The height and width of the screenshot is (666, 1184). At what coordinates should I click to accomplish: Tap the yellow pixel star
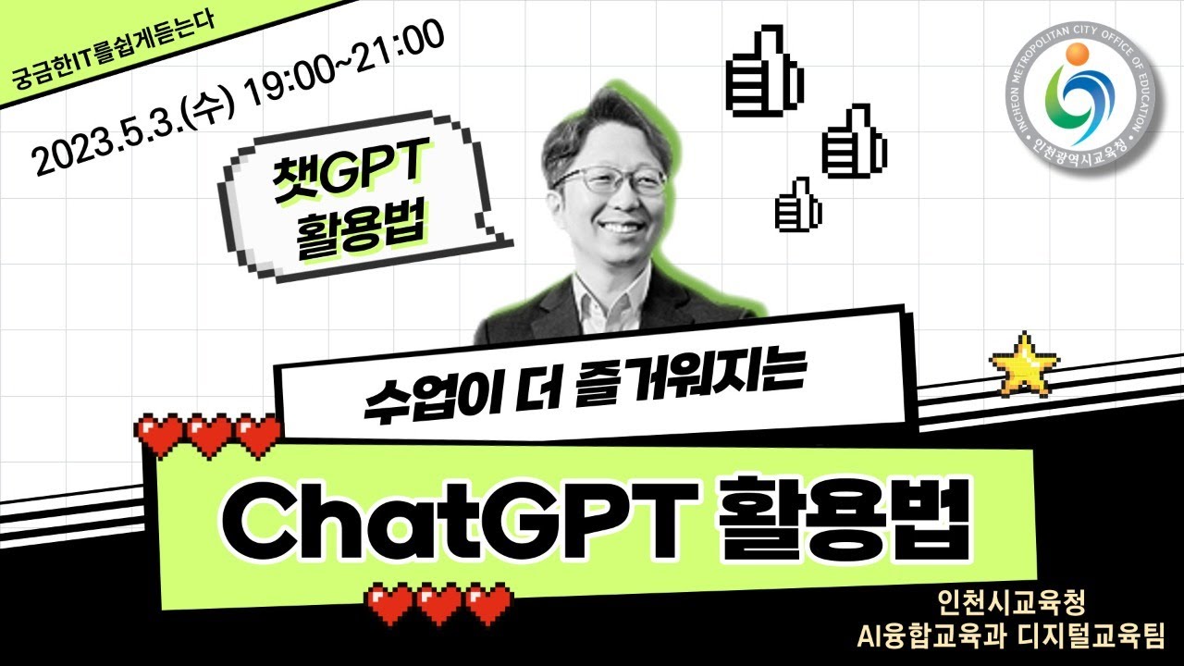(1024, 364)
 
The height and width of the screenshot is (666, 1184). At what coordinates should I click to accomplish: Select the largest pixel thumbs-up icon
(764, 70)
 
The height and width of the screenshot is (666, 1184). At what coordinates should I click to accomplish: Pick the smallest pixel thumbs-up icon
(798, 205)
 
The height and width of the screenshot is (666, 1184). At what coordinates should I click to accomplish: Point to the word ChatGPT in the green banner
(460, 521)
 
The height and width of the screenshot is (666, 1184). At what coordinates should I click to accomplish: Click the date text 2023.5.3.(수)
(132, 134)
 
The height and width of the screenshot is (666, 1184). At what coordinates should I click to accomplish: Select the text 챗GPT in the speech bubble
(350, 170)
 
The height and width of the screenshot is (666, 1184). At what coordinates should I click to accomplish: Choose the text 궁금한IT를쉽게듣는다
(113, 51)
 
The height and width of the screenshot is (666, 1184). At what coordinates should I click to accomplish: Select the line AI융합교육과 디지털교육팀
(1011, 636)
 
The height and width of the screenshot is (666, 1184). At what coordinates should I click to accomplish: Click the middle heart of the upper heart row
(210, 436)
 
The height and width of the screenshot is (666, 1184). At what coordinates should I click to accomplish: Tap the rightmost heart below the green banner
(488, 604)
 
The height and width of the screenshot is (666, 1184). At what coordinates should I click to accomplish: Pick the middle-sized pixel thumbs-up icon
(854, 140)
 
